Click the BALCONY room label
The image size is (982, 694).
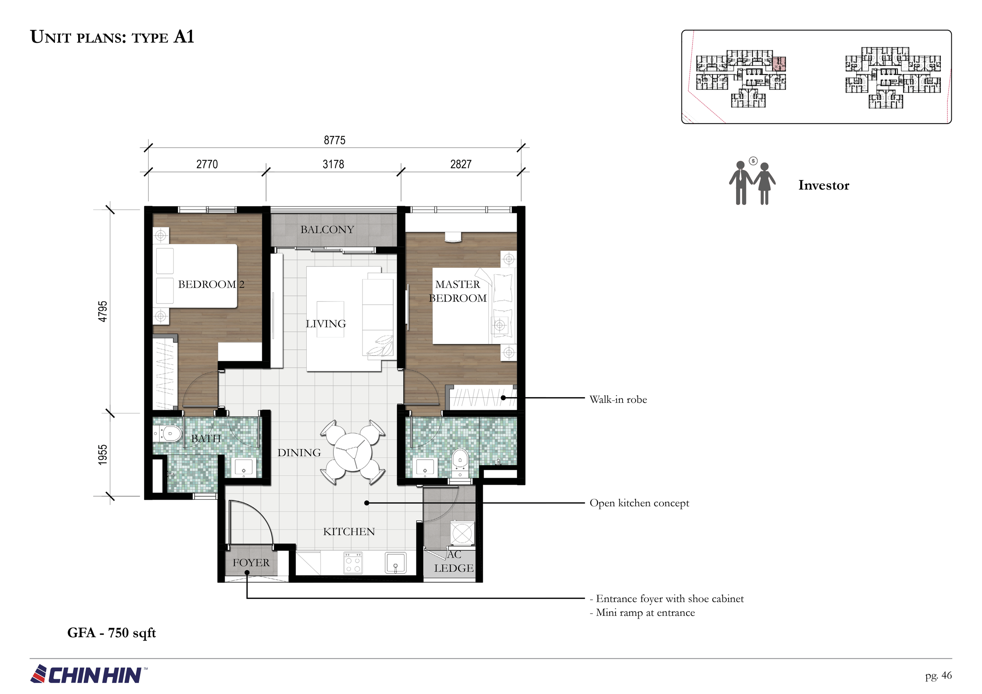coord(327,230)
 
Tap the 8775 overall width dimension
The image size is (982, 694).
coord(334,140)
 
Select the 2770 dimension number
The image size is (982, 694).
coord(207,164)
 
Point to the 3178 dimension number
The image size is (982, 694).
coord(333,164)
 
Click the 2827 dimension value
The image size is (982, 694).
coord(461,164)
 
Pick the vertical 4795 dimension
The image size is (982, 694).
coord(103,312)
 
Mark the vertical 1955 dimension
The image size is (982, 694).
coord(103,455)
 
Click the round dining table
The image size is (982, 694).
coord(353,452)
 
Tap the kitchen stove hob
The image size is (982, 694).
coord(353,563)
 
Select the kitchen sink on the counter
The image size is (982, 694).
coord(396,563)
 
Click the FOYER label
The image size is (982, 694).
coord(251,563)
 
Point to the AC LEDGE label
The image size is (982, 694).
coord(454,562)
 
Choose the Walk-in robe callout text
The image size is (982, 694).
coord(618,400)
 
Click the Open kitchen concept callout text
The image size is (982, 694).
coord(639,503)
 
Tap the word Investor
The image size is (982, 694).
coord(824,185)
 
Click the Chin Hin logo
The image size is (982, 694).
coord(88,675)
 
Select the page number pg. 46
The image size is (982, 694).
coord(938,676)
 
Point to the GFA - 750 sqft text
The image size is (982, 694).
coord(112,632)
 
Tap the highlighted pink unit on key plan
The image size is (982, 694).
coord(779,64)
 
